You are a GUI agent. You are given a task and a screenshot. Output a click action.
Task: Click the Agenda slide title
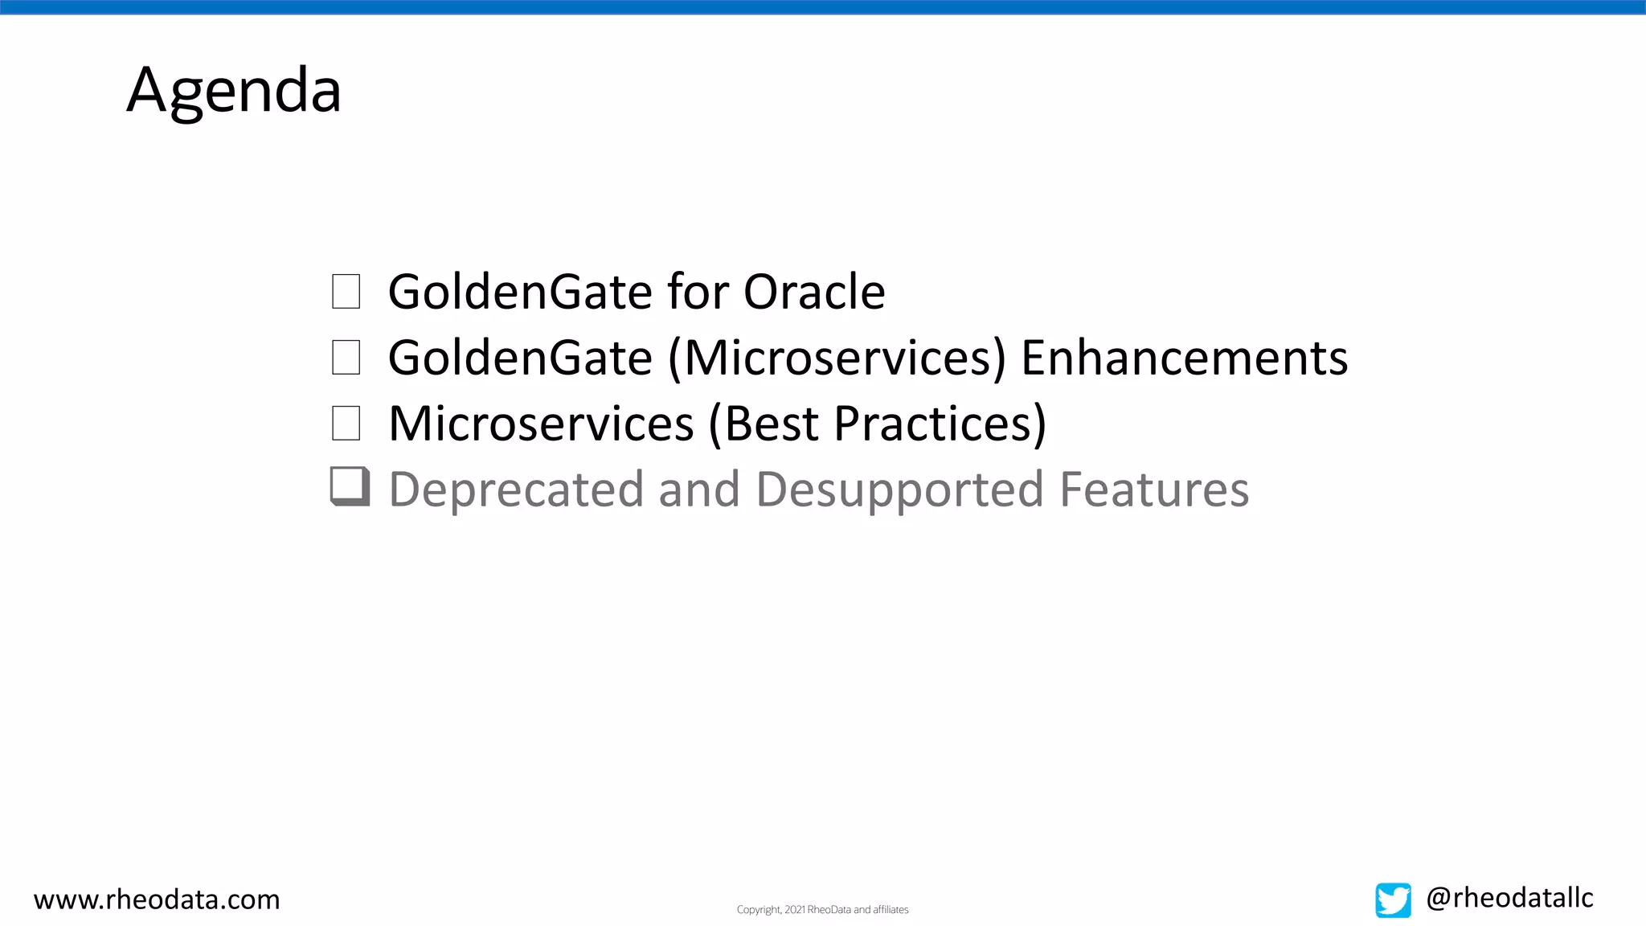tap(234, 90)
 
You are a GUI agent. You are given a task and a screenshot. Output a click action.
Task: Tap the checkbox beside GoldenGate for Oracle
tap(346, 292)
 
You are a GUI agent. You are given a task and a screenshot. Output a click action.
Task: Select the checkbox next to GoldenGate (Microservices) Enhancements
tap(346, 358)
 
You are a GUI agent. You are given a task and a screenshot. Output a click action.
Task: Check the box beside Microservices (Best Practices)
tap(346, 424)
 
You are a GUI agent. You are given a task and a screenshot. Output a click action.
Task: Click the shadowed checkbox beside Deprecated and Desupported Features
tap(350, 486)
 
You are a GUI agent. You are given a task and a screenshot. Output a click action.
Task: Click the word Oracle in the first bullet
tap(813, 291)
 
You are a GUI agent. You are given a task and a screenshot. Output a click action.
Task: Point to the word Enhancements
tap(1184, 358)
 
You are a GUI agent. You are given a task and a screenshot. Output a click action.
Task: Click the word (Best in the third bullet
tap(765, 424)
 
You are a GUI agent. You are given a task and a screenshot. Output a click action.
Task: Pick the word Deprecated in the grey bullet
tap(516, 490)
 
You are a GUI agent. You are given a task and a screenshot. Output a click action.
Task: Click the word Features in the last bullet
tap(1154, 490)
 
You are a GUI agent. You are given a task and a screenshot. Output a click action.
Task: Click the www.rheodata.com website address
tap(157, 899)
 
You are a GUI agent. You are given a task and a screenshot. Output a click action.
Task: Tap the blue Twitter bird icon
tap(1393, 899)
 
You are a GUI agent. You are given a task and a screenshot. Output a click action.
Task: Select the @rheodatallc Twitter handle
tap(1509, 898)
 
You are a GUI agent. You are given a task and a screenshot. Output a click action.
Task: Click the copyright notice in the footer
tap(822, 910)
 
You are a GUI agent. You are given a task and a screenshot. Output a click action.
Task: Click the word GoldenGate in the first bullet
tap(520, 291)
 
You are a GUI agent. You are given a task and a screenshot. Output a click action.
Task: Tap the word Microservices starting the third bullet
tap(541, 424)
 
